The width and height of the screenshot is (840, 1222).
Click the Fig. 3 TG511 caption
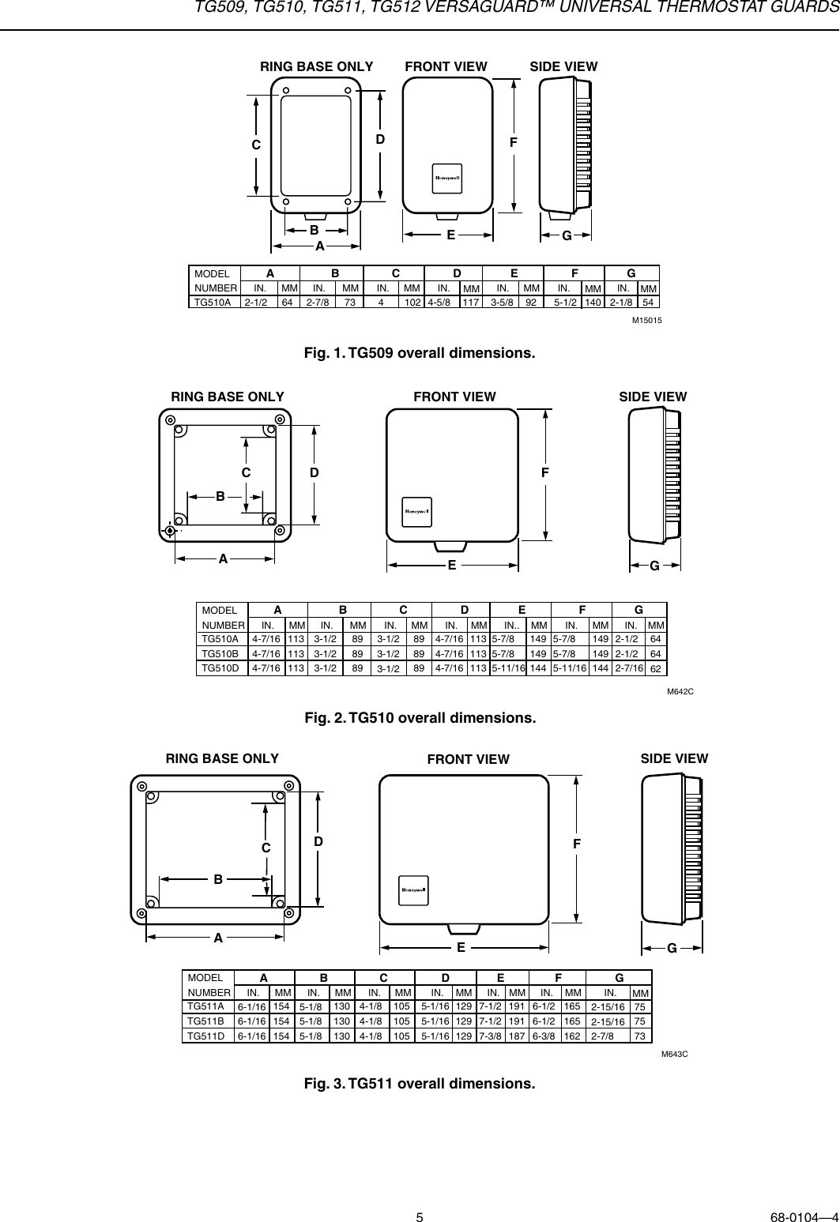pyautogui.click(x=420, y=1082)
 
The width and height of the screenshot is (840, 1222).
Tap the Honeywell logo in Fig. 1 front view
pyautogui.click(x=446, y=178)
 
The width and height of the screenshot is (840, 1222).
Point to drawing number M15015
pyautogui.click(x=646, y=320)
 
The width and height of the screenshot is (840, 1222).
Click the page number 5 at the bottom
pyautogui.click(x=420, y=1196)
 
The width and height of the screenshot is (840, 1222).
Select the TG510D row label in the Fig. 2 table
pyautogui.click(x=220, y=667)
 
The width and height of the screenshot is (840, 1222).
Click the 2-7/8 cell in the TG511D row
pyautogui.click(x=605, y=1036)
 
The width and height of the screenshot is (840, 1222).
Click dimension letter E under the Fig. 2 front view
pyautogui.click(x=452, y=566)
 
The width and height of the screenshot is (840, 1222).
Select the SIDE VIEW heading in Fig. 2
pyautogui.click(x=653, y=397)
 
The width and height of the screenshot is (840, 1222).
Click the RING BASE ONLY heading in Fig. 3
pyautogui.click(x=222, y=758)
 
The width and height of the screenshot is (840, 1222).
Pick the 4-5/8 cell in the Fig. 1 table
pyautogui.click(x=442, y=302)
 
